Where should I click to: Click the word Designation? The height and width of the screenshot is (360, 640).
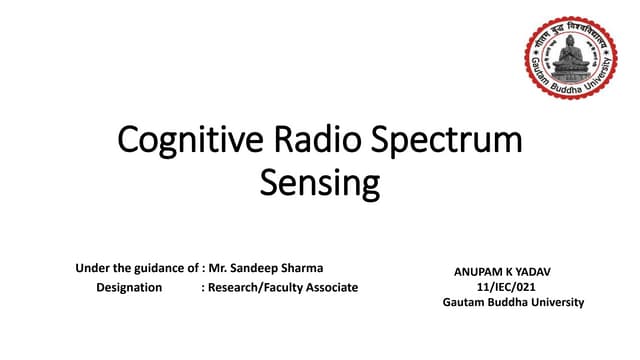pos(129,287)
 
